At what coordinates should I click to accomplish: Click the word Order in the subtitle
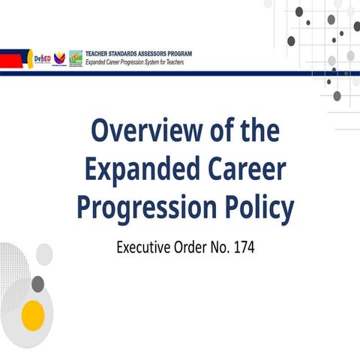coord(192,245)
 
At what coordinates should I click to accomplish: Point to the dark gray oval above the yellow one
coord(37,283)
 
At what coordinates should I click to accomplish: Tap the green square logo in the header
coord(76,58)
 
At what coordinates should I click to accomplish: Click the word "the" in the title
coord(257,132)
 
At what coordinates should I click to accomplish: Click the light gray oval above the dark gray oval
coord(44,253)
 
